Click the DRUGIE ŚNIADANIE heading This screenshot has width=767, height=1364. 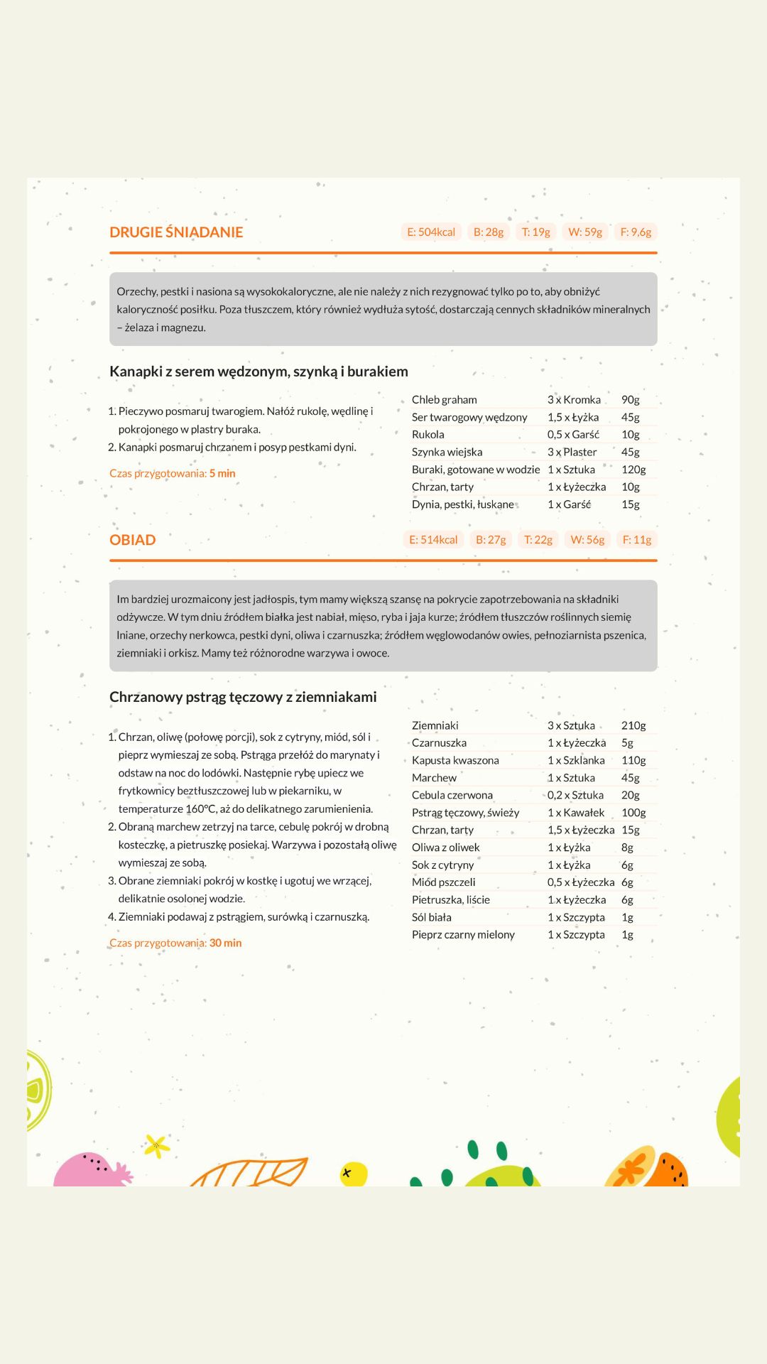176,232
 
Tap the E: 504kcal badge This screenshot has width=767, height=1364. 431,232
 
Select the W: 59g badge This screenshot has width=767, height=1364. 585,232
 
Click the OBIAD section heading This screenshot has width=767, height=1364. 133,540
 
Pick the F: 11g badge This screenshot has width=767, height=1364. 637,540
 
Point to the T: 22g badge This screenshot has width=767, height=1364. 538,540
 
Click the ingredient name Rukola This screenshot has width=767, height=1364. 428,435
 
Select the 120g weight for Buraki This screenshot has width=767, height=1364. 633,470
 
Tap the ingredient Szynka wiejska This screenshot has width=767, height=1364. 447,452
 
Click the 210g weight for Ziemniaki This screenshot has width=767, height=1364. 633,725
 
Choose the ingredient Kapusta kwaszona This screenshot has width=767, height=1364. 455,760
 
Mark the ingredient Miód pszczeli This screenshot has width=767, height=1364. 444,882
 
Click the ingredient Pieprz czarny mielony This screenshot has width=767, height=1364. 463,935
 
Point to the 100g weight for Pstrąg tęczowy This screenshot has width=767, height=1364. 633,813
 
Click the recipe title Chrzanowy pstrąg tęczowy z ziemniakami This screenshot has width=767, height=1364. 243,697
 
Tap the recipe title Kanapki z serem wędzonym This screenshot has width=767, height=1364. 259,372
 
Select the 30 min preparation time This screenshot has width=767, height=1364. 225,943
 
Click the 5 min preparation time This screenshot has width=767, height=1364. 222,473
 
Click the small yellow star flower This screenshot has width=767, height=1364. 157,1144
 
